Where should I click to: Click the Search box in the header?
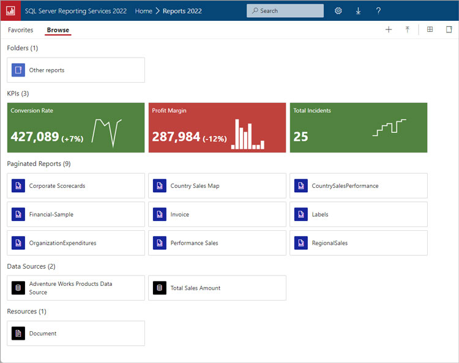285,11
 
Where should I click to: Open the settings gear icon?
338,11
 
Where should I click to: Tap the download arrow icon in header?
358,11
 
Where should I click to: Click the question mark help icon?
378,11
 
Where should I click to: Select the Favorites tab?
20,30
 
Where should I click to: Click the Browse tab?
58,30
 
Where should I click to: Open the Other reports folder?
47,70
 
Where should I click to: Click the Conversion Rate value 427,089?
35,137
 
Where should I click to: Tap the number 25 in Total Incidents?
300,137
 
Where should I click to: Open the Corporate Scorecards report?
57,186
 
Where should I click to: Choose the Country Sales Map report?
195,186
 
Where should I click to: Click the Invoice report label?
180,215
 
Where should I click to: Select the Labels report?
320,215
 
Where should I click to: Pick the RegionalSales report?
329,243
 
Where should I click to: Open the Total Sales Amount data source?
195,288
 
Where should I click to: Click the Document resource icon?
18,334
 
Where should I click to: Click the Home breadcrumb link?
143,11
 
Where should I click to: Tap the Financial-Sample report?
51,215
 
